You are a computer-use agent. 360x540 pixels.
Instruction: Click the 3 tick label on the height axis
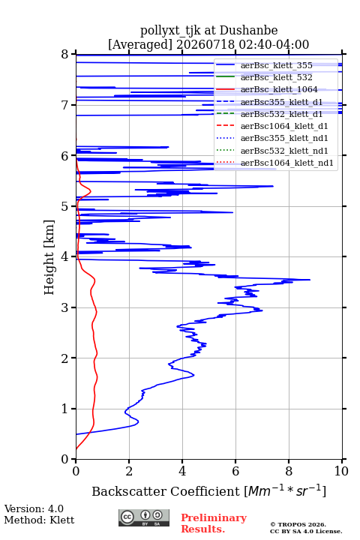point(65,307)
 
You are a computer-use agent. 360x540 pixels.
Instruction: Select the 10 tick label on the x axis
point(341,471)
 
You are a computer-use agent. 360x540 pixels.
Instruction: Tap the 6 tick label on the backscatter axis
point(235,471)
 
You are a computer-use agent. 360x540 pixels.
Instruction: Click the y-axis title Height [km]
point(49,257)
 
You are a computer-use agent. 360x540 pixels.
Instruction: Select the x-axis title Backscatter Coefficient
point(166,491)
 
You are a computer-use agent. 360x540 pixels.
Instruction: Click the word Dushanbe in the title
point(248,31)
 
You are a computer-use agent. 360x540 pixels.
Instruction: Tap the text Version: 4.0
point(34,508)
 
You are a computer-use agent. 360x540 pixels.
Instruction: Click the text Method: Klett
point(39,520)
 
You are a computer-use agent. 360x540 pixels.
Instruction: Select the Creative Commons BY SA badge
point(144,517)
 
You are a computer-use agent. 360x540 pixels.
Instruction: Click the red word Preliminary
point(214,517)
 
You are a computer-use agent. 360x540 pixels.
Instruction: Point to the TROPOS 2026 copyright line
point(298,524)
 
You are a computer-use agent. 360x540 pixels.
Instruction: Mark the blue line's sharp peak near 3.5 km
point(310,280)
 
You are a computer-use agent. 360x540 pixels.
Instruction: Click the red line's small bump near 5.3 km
point(91,190)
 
